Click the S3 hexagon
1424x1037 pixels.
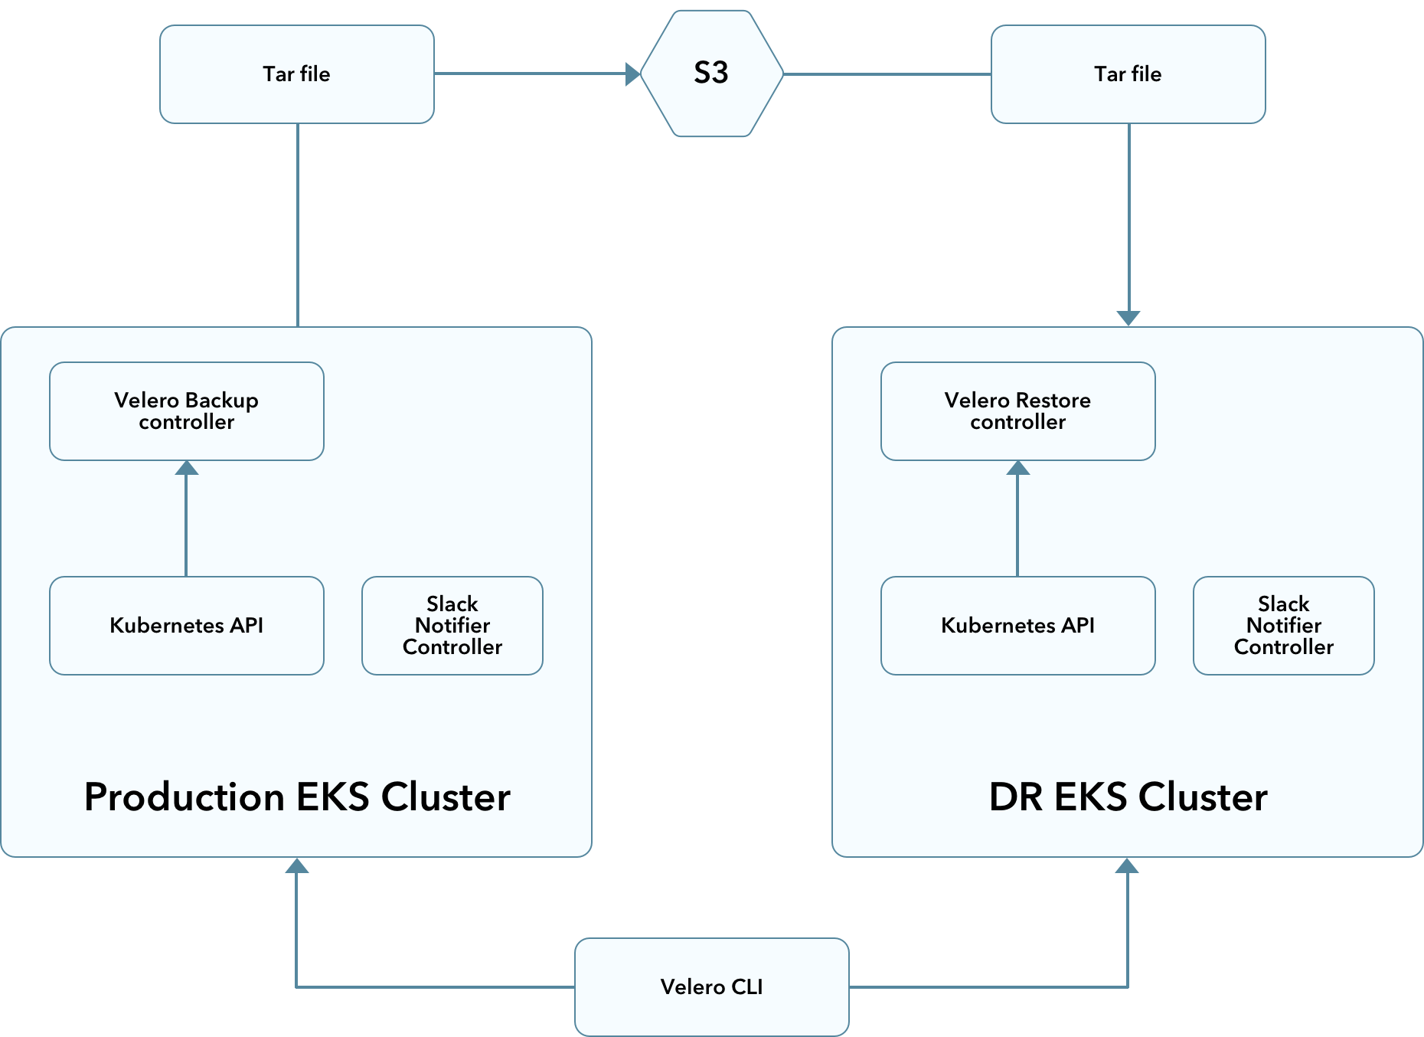712,74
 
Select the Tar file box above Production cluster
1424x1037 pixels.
297,74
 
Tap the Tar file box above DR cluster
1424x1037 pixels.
1128,74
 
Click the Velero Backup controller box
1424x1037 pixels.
187,411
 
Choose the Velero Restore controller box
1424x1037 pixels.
1018,411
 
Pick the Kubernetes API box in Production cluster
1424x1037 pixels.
187,626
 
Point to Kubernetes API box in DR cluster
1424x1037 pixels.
1018,626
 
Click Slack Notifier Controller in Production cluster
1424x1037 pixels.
452,626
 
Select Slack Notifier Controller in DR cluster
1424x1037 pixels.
1284,626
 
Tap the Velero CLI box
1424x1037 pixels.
712,987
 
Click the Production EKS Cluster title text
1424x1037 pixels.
297,797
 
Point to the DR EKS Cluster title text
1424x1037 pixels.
1128,797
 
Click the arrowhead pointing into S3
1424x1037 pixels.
633,74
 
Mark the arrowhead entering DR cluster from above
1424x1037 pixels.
1128,319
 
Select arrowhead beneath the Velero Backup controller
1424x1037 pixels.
187,468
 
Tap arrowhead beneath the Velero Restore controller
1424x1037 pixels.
1018,468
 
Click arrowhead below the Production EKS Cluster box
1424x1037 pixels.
297,865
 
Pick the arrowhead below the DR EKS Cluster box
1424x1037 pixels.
1127,865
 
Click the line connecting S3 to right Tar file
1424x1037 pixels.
887,74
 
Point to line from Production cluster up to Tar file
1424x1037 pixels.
298,225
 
